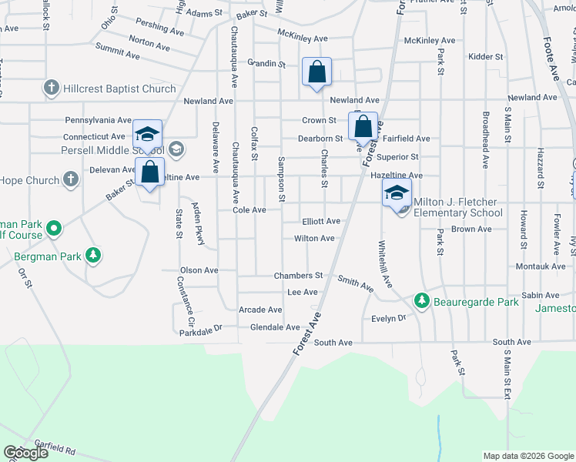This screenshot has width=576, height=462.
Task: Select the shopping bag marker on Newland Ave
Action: tap(316, 73)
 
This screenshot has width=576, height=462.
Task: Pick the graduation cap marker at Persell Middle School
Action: tap(147, 135)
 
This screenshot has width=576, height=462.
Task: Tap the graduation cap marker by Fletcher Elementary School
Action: tap(397, 193)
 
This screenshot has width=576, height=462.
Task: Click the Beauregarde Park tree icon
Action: tap(421, 300)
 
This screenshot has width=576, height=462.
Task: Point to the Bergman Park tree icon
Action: tap(93, 254)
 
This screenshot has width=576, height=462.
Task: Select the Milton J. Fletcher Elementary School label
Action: tap(458, 207)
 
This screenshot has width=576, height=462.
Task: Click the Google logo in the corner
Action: tap(25, 453)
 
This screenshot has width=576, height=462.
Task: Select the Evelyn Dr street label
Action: tap(388, 318)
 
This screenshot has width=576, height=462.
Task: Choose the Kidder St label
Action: tap(485, 57)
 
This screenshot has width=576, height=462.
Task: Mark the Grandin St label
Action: tap(266, 63)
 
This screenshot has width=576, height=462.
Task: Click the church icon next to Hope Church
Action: tap(71, 180)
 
